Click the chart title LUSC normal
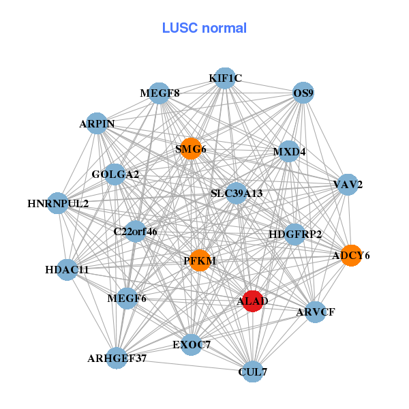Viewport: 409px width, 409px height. tap(204, 28)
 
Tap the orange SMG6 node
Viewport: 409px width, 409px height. tap(191, 149)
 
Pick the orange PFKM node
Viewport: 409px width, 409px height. tap(199, 260)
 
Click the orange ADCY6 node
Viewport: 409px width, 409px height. tap(351, 256)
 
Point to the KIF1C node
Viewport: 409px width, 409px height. tap(225, 78)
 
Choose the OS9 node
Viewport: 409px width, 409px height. tap(303, 93)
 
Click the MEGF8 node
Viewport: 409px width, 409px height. tap(160, 93)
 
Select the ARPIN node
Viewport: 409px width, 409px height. tap(97, 124)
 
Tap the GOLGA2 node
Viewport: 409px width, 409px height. tap(115, 175)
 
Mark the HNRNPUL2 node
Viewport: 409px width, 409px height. tap(58, 203)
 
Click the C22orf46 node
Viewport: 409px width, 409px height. tap(135, 232)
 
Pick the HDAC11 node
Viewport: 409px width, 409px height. tap(67, 270)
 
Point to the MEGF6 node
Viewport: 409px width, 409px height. tap(127, 298)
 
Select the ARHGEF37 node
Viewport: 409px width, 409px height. tap(117, 358)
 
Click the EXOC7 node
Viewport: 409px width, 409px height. tap(192, 344)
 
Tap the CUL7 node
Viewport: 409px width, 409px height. tap(253, 372)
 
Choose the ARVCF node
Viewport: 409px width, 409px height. tap(316, 312)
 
